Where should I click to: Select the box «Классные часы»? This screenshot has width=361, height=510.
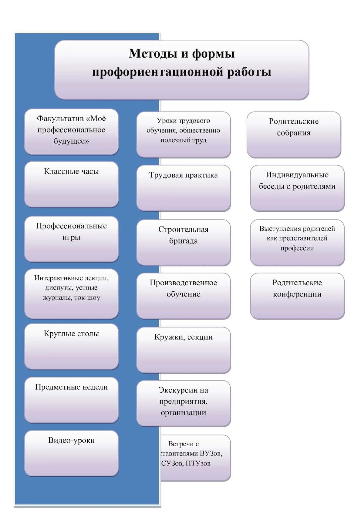(x=71, y=184)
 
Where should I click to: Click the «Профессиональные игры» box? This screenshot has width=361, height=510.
(x=71, y=239)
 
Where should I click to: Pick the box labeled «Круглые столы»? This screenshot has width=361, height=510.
(x=71, y=347)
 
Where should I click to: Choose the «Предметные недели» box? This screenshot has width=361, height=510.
(x=71, y=400)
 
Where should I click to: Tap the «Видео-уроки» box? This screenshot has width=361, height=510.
(x=71, y=453)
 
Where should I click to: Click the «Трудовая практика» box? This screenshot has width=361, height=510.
(x=184, y=188)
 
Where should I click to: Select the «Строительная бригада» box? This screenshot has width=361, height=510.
(x=184, y=242)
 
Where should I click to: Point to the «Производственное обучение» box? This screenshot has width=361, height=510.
(x=184, y=296)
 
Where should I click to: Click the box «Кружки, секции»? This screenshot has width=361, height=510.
(x=184, y=350)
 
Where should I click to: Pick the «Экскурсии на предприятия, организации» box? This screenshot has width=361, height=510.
(x=184, y=403)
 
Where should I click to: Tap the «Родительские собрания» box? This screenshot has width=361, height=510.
(x=294, y=134)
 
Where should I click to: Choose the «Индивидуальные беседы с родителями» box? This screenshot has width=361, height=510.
(x=297, y=188)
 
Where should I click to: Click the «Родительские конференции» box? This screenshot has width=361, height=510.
(x=297, y=296)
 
